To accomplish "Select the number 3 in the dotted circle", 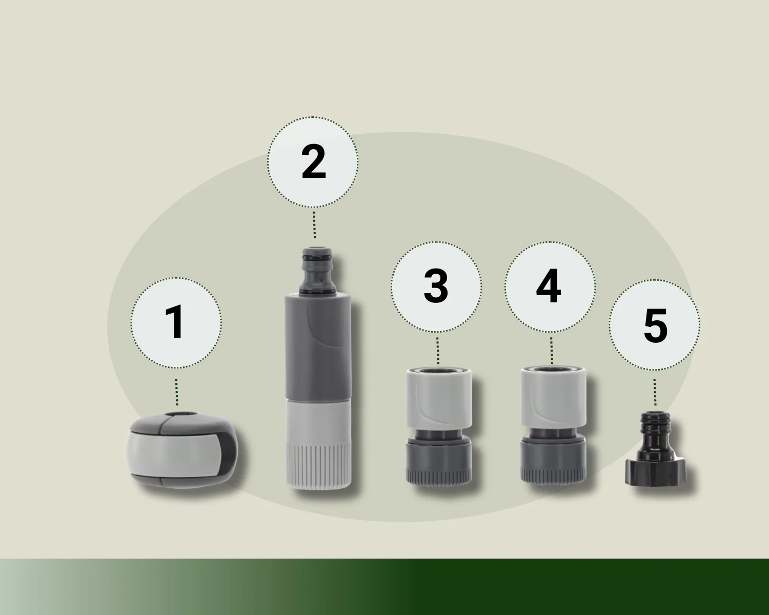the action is tap(436, 286).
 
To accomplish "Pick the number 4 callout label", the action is tap(549, 286).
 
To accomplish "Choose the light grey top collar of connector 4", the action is tap(553, 397).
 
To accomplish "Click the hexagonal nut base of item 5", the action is tap(656, 473).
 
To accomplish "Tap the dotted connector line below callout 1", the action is tap(176, 392).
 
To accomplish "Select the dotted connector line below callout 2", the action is tap(314, 225).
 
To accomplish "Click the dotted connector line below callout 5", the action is tap(655, 392).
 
